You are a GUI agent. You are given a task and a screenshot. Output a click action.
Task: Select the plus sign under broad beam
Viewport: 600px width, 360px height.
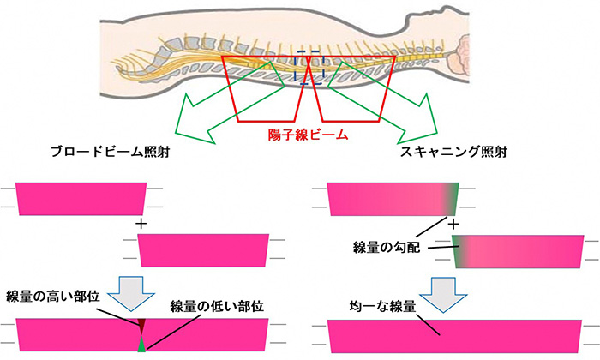141,222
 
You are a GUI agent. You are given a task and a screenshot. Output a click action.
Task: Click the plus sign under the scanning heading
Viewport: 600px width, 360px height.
454,223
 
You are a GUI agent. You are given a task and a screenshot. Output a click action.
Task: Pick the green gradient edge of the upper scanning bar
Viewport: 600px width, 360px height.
451,199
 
